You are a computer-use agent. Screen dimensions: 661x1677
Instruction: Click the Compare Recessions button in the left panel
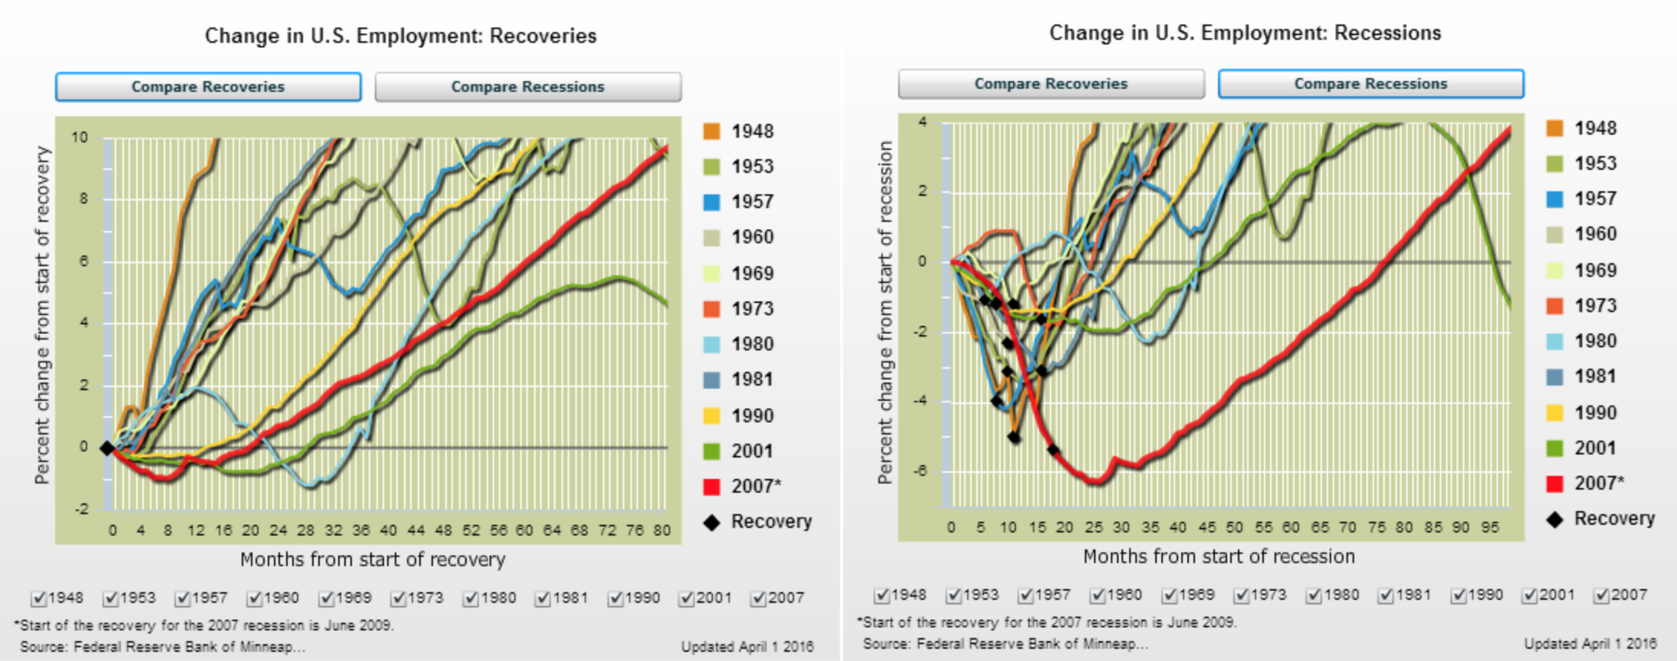[x=528, y=86]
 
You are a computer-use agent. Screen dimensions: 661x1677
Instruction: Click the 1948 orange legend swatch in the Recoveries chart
[x=712, y=131]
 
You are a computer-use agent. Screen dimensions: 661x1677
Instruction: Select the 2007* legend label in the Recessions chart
[x=1598, y=483]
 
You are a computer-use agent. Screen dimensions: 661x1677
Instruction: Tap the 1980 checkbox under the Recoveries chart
[x=471, y=598]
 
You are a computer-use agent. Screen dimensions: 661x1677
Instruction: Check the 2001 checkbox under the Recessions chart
[x=1529, y=595]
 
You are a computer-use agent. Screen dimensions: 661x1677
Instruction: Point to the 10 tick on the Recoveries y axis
[x=80, y=138]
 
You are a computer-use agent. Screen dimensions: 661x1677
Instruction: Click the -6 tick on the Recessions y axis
[x=920, y=471]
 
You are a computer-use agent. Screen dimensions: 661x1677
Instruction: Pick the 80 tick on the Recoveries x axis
[x=662, y=530]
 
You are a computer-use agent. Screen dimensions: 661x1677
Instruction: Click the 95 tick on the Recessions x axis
[x=1490, y=527]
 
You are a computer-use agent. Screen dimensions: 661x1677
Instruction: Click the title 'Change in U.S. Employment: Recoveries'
[x=400, y=36]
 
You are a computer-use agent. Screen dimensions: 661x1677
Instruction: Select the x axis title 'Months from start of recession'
[x=1219, y=556]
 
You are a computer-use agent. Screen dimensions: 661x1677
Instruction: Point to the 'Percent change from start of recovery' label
[x=42, y=315]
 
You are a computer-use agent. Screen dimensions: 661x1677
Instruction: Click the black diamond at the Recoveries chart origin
[x=107, y=448]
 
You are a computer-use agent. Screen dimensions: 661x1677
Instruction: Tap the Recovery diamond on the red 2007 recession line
[x=1053, y=450]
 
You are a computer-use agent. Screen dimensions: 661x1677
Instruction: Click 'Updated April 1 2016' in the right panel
[x=1590, y=643]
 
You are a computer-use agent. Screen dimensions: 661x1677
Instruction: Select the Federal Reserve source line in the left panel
[x=162, y=646]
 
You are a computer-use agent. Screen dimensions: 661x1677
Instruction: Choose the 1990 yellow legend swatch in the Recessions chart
[x=1555, y=412]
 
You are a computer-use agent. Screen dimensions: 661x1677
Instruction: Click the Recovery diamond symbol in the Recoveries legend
[x=712, y=523]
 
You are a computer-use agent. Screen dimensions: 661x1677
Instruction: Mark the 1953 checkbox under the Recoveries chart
[x=111, y=598]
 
